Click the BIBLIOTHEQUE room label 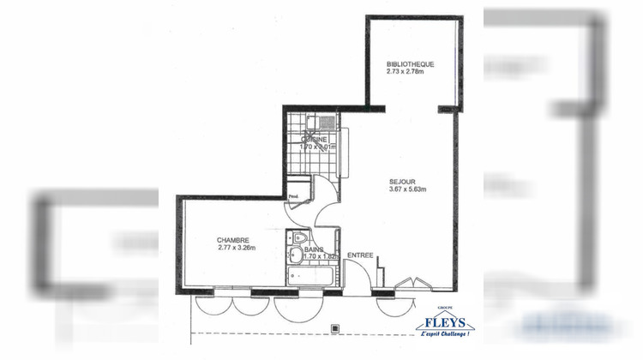[411, 64]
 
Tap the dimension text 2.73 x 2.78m [406, 72]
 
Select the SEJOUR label [402, 181]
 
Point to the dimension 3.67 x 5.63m [408, 189]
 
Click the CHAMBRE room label [232, 240]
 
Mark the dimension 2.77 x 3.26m [237, 249]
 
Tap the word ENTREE [359, 255]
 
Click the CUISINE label [315, 138]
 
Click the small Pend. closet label [293, 196]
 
